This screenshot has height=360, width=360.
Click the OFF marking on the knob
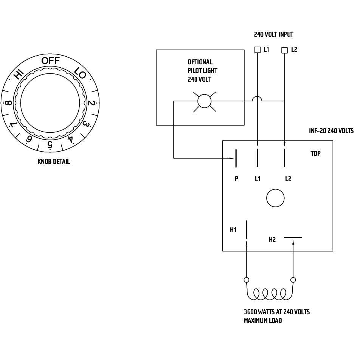tap(50, 61)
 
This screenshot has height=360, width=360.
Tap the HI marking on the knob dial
tap(18, 74)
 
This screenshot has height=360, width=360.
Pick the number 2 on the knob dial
tap(91, 103)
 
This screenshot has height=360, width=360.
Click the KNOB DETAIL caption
tap(54, 161)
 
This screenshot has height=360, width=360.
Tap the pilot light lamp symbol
tap(205, 101)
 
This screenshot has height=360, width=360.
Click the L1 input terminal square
tap(257, 50)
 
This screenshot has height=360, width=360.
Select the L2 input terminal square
tap(285, 50)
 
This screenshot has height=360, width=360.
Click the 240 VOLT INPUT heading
tap(273, 34)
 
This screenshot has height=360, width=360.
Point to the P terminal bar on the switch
tap(236, 158)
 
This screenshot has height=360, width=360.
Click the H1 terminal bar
tap(247, 230)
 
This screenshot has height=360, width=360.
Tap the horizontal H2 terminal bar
tap(293, 238)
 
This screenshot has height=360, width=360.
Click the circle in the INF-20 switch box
tap(275, 198)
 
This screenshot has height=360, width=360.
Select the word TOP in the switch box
tap(315, 154)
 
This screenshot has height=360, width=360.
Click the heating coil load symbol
tap(269, 293)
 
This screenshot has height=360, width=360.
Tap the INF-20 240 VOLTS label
tap(331, 131)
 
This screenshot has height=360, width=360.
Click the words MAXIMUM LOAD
tap(263, 321)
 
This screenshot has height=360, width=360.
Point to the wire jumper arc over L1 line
tap(257, 98)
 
